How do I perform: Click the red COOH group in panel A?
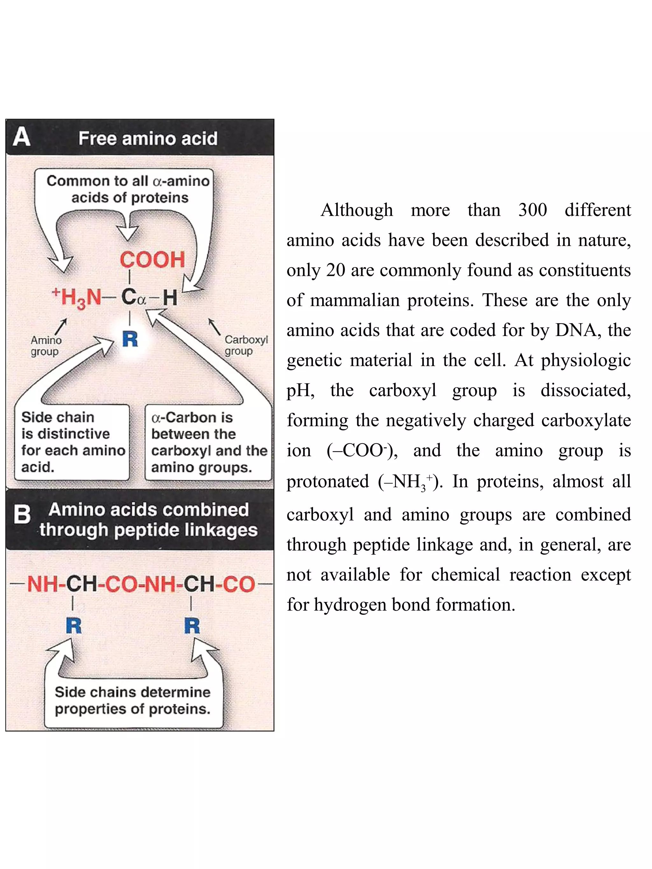pyautogui.click(x=152, y=260)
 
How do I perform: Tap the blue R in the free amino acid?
pyautogui.click(x=130, y=339)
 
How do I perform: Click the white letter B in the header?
pyautogui.click(x=22, y=514)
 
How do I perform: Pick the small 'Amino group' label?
pyautogui.click(x=46, y=346)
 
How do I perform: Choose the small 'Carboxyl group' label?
pyautogui.click(x=246, y=345)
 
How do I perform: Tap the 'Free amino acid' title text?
pyautogui.click(x=148, y=138)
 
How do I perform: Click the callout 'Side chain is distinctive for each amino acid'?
pyautogui.click(x=72, y=442)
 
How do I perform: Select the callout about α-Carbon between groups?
pyautogui.click(x=208, y=442)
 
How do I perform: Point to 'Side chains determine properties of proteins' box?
pyautogui.click(x=133, y=700)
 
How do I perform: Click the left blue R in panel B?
pyautogui.click(x=74, y=626)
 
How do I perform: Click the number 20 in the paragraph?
pyautogui.click(x=336, y=270)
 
